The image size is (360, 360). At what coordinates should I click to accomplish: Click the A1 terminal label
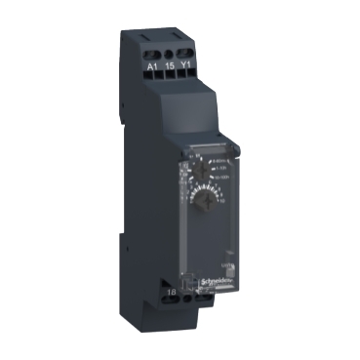(152, 65)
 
